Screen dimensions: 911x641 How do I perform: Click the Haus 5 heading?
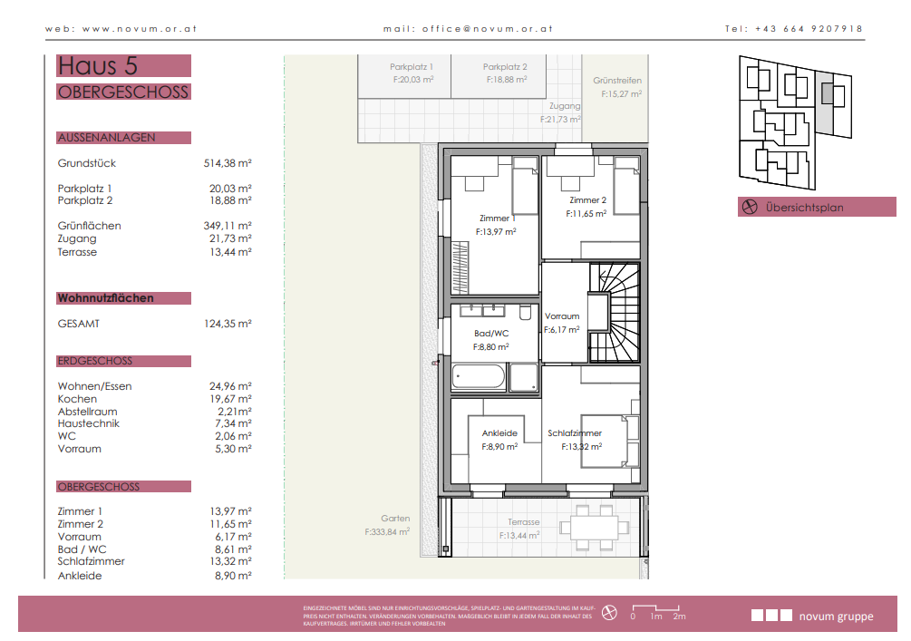tap(98, 65)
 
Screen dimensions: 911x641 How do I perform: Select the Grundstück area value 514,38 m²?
tap(228, 163)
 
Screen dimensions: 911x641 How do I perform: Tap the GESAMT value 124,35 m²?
tap(228, 324)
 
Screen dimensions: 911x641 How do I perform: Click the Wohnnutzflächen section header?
tap(106, 298)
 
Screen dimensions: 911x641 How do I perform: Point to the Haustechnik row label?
tap(88, 423)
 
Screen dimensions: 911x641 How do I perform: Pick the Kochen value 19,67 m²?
tap(230, 399)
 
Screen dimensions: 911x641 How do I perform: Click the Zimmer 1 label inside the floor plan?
tap(498, 218)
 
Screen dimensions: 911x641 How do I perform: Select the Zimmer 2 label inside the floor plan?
tap(587, 199)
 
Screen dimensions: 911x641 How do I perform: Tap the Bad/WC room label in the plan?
tap(491, 333)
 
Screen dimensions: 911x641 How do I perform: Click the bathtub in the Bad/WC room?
tap(478, 376)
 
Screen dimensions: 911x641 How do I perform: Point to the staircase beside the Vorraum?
tap(615, 313)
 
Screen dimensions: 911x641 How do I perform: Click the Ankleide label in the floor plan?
tap(499, 433)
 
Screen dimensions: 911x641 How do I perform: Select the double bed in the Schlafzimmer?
tap(605, 442)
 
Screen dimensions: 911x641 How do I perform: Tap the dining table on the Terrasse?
tap(595, 528)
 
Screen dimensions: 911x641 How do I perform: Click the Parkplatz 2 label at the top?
tap(505, 67)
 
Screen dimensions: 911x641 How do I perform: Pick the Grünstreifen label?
tap(617, 80)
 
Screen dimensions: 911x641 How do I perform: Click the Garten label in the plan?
tap(395, 519)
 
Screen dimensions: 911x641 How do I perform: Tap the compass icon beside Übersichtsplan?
tap(750, 207)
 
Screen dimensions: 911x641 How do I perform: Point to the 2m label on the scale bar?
tap(679, 617)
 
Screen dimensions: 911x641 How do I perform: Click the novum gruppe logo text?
tap(836, 617)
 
